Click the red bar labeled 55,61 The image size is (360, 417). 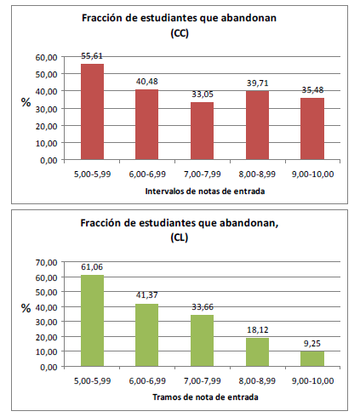(92, 111)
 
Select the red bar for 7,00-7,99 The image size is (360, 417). (202, 131)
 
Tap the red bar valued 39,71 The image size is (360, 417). (257, 125)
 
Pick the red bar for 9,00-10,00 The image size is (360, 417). (312, 129)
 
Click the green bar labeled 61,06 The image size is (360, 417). (92, 321)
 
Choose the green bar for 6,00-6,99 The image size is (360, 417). (146, 335)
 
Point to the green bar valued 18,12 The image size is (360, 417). (257, 352)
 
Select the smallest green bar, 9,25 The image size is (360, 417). (312, 359)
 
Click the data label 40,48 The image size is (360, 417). (146, 82)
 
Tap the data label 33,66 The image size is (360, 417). (203, 307)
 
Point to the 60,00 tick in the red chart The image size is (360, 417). (46, 57)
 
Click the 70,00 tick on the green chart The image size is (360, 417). (46, 262)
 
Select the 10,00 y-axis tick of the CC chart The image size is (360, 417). (46, 143)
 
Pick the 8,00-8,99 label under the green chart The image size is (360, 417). (257, 380)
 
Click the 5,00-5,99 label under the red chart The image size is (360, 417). (92, 174)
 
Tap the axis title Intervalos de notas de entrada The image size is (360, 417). (205, 191)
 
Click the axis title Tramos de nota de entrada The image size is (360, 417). (205, 397)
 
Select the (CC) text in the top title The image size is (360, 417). (180, 33)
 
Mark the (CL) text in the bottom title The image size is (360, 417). (180, 237)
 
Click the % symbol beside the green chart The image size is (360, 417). (26, 308)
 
